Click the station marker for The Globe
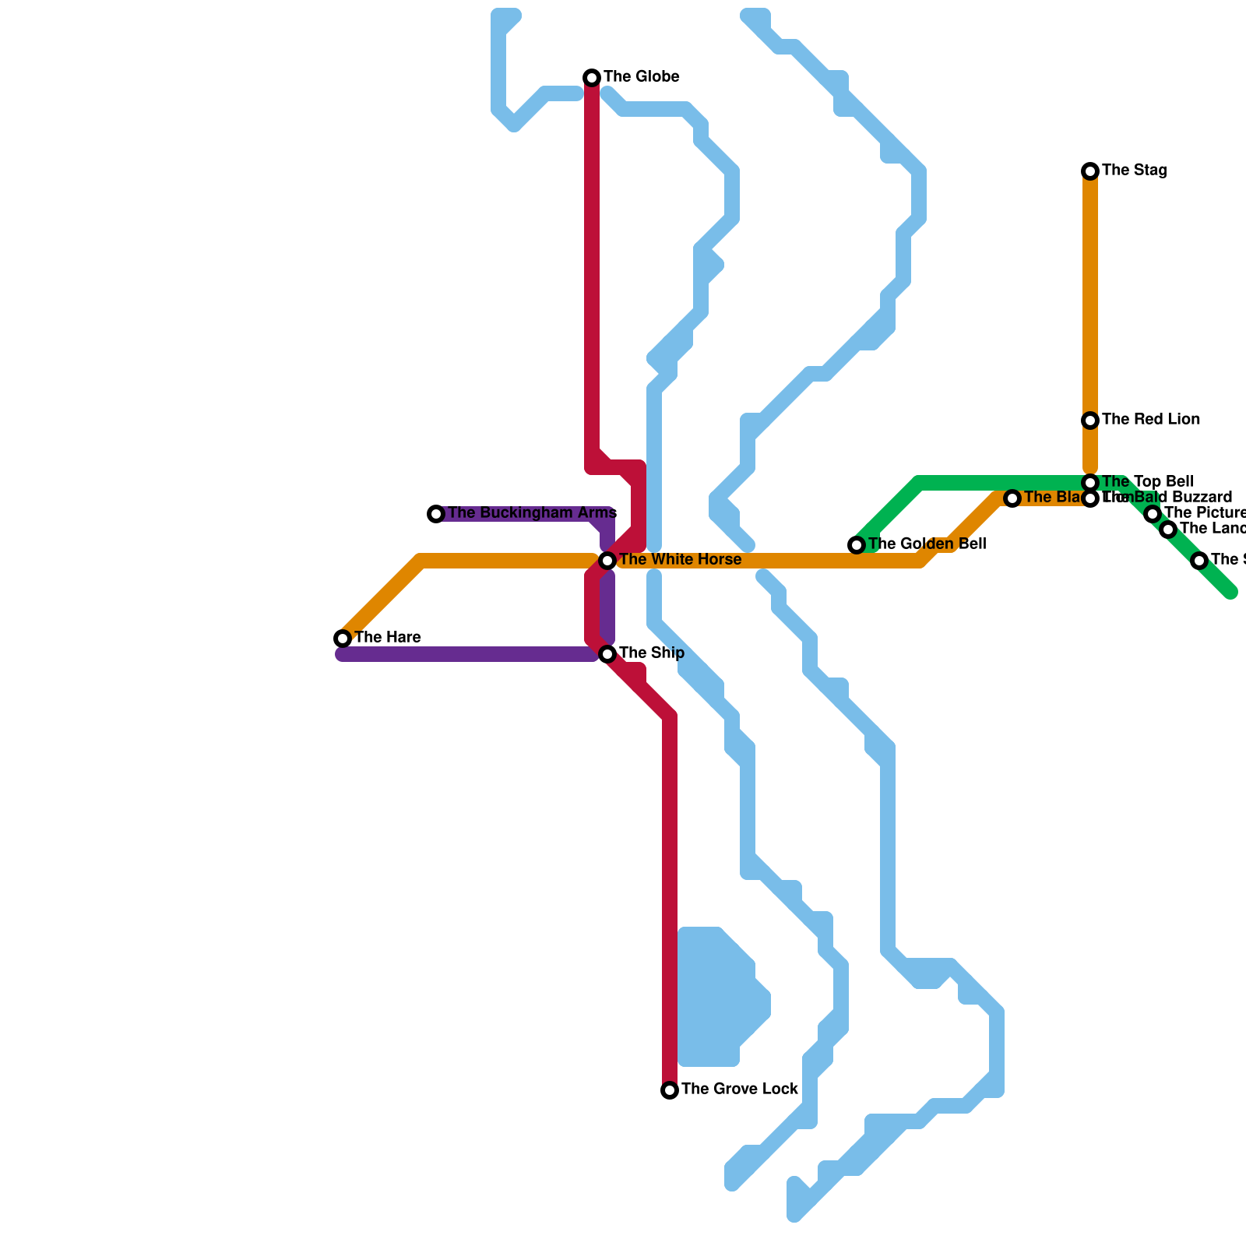point(592,78)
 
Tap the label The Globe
point(641,77)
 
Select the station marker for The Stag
point(1090,171)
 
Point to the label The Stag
point(1134,171)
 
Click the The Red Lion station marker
point(1090,421)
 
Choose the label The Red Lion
point(1150,420)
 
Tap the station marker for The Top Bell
point(1090,483)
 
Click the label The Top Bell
point(1147,482)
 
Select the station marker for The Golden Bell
point(857,545)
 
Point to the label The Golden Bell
point(927,544)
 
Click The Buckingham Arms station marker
point(436,514)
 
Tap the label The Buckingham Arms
point(532,513)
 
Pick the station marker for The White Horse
point(607,561)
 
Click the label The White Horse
point(680,560)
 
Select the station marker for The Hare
point(343,639)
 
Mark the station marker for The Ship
point(607,654)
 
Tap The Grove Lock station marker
point(670,1090)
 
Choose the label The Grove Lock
point(739,1089)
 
